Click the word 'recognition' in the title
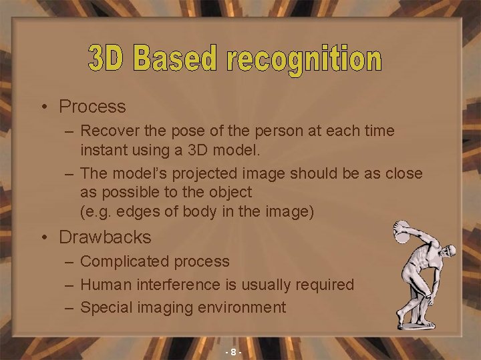[305, 60]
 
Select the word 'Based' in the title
[175, 59]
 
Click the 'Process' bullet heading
[92, 106]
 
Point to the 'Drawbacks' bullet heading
[105, 237]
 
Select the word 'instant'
[104, 150]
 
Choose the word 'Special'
[106, 307]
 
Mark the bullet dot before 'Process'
[43, 107]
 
